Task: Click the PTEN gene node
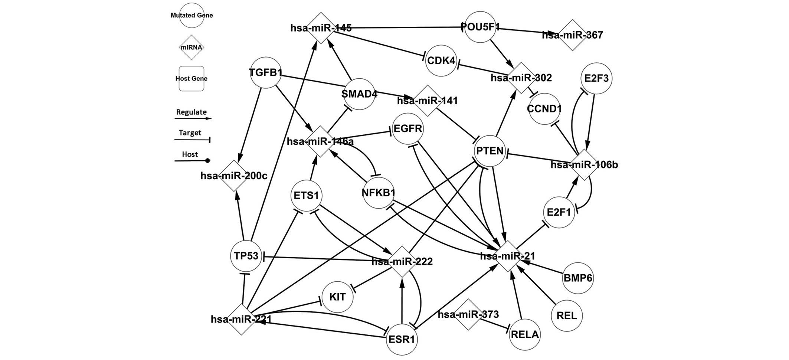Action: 490,151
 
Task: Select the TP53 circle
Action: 246,256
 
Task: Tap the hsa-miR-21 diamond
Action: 508,256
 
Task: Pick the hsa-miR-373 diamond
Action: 468,314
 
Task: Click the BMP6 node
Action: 578,278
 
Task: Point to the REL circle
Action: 567,316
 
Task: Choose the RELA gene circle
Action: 524,334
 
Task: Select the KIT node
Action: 337,297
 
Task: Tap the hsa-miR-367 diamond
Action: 573,35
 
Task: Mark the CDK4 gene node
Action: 441,60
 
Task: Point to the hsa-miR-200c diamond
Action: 234,176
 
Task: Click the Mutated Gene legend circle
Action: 191,16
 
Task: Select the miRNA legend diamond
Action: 191,48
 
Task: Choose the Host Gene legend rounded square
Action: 191,79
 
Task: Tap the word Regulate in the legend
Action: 191,112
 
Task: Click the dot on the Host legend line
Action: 208,161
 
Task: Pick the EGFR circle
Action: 407,129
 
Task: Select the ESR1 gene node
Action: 402,339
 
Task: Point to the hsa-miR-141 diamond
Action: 427,101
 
